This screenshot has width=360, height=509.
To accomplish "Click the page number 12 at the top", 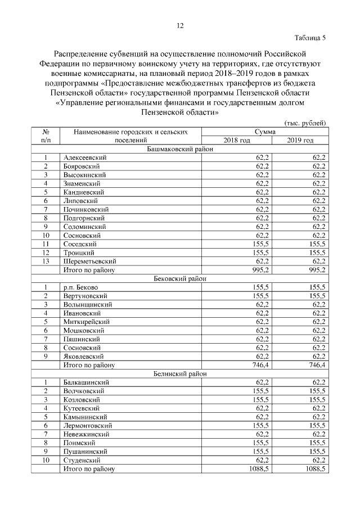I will click(x=180, y=26).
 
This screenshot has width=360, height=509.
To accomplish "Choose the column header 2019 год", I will click(x=300, y=140).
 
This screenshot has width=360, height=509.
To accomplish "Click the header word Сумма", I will click(x=264, y=132).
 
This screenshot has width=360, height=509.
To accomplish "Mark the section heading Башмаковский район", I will click(x=179, y=148).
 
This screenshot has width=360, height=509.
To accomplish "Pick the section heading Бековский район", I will click(x=179, y=278).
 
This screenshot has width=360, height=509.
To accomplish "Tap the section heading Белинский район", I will click(x=179, y=373).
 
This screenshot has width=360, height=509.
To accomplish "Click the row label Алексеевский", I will click(x=85, y=157).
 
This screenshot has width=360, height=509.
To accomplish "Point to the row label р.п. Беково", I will click(x=80, y=287).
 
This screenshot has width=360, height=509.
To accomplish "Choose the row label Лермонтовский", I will click(x=91, y=426).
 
